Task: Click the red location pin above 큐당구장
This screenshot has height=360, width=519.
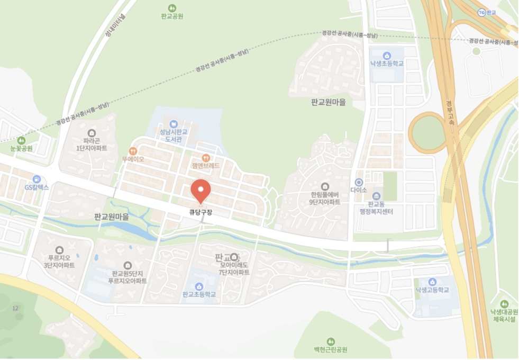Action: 201,191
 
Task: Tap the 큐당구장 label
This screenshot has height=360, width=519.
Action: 201,213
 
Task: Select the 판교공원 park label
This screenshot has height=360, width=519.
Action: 172,16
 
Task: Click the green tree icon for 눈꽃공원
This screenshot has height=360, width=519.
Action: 21,140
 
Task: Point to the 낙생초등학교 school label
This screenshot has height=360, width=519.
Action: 387,64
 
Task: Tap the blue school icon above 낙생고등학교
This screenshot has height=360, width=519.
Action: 432,282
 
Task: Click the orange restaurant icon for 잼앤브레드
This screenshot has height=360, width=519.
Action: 206,158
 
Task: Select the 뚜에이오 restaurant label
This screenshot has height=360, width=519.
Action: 133,159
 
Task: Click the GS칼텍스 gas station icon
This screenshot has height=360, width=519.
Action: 37,179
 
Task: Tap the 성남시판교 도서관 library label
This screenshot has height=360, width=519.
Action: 174,135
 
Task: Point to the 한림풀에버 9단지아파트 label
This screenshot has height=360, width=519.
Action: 325,198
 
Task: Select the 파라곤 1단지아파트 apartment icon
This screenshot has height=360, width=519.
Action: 92,132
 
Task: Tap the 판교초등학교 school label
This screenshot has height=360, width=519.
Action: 199,294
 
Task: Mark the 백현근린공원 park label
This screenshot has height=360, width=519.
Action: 330,350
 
